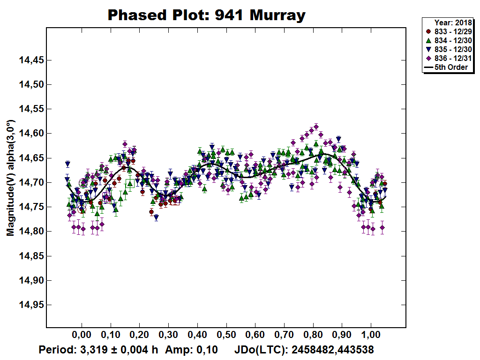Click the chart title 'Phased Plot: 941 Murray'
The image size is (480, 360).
(207, 15)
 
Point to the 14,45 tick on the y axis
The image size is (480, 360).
(31, 60)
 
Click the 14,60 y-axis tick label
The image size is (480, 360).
(31, 134)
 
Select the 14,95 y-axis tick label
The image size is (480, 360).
(31, 305)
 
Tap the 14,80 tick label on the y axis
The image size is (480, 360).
(31, 232)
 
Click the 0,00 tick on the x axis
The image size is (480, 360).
(82, 336)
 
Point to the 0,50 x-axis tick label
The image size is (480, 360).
(226, 336)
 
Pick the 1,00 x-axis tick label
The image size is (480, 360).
(371, 336)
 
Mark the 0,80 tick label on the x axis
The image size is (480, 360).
(313, 336)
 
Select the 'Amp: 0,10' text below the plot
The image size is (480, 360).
(185, 350)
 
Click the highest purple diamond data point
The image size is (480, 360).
(316, 127)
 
